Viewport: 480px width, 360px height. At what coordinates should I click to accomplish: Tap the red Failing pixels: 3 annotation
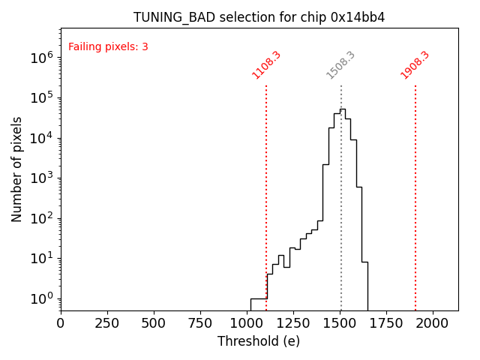pos(108,46)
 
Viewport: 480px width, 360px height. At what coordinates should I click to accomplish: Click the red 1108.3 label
pos(266,64)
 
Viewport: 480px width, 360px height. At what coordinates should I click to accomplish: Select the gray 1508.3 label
pos(340,64)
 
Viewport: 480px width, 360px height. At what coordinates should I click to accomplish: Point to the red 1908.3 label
pos(415,64)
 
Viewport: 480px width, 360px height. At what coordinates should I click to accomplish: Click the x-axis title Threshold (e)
pos(259,341)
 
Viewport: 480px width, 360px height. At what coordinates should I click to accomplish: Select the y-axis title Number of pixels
pos(16,169)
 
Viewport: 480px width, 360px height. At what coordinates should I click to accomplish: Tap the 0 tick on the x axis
pos(61,322)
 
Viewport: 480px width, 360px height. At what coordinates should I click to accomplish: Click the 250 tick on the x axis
pos(107,322)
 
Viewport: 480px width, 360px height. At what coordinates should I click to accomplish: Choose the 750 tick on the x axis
pos(200,322)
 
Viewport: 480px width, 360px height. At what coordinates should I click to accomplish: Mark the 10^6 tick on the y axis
pos(41,57)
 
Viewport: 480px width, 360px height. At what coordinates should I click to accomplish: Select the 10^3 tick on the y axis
pos(41,178)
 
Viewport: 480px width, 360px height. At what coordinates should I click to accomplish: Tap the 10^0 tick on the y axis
pos(41,298)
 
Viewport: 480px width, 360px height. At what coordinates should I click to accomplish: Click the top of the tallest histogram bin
pos(342,109)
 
